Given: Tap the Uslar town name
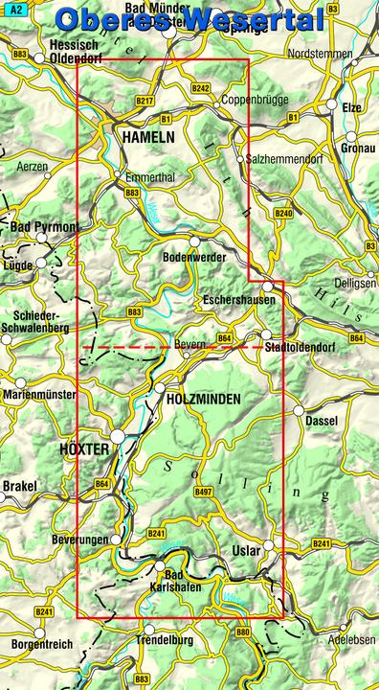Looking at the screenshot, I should tap(247, 551).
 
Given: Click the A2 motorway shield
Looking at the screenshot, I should tap(16, 8).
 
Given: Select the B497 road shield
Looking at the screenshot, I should tap(203, 492).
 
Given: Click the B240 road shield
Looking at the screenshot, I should tap(282, 213).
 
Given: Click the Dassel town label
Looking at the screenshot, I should tap(317, 422).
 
